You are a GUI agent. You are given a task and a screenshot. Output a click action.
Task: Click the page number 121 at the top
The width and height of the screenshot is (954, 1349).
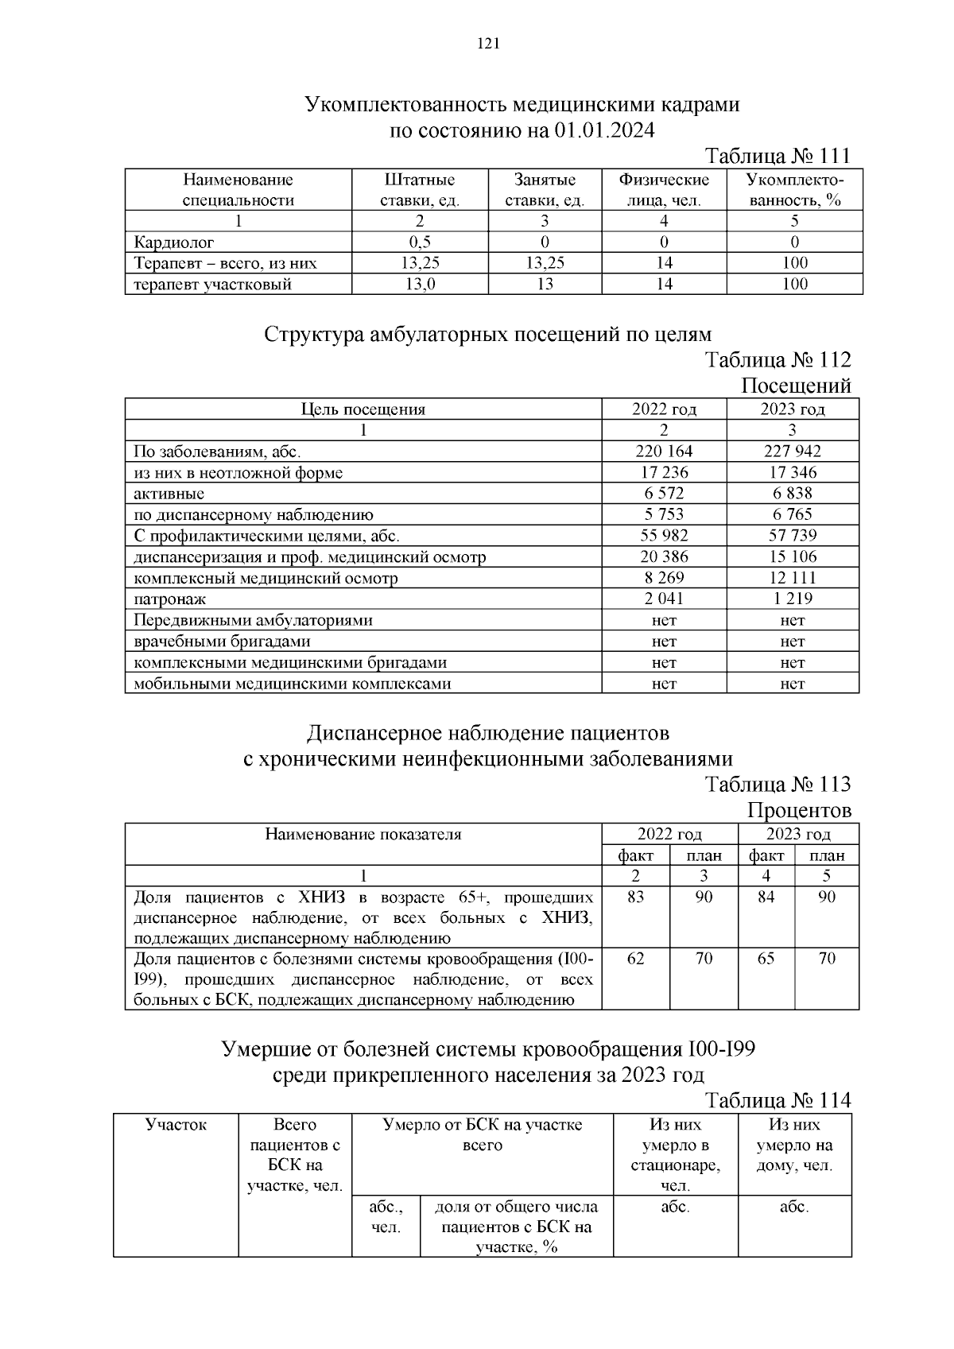tap(487, 45)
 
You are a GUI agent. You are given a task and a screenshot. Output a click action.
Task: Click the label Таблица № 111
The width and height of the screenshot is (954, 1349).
tap(778, 155)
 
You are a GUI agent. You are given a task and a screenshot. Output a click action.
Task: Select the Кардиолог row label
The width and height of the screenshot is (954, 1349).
tap(174, 242)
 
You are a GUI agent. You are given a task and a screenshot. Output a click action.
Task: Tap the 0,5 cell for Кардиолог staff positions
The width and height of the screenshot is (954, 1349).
tap(419, 242)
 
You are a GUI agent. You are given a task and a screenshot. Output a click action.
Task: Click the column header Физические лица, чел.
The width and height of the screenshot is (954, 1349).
tap(664, 190)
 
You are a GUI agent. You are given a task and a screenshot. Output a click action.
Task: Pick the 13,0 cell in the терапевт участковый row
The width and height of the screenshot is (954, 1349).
tap(419, 285)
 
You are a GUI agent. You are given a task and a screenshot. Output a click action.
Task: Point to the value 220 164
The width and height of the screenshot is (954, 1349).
tap(664, 452)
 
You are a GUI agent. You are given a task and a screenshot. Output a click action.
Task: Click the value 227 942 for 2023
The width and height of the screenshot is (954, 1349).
tap(792, 452)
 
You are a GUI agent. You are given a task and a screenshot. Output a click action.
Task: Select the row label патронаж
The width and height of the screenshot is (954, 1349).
tap(170, 599)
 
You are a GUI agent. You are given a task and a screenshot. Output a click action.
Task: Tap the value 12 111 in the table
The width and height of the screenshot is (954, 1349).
tap(792, 578)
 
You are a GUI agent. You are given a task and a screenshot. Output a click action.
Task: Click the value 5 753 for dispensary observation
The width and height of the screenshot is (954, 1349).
tap(664, 514)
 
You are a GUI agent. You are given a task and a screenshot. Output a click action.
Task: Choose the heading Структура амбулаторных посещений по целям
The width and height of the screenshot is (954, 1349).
tap(487, 334)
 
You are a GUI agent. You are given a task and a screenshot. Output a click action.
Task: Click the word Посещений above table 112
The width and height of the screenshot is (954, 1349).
tap(796, 386)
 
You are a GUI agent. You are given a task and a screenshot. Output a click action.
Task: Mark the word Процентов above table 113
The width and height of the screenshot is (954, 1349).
tap(798, 811)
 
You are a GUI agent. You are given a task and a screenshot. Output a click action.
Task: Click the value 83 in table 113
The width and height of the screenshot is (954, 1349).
tap(635, 897)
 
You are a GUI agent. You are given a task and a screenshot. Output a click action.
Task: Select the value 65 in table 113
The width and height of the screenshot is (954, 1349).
tap(766, 959)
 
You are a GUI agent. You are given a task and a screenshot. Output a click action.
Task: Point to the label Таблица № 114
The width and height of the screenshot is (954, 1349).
tap(778, 1100)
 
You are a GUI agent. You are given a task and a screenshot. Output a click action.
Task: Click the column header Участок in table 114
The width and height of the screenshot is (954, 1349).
tap(176, 1125)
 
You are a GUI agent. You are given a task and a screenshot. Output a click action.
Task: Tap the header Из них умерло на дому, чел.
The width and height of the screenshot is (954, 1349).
tap(794, 1145)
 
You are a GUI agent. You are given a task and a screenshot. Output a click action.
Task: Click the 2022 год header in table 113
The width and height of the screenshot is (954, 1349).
tap(669, 835)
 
